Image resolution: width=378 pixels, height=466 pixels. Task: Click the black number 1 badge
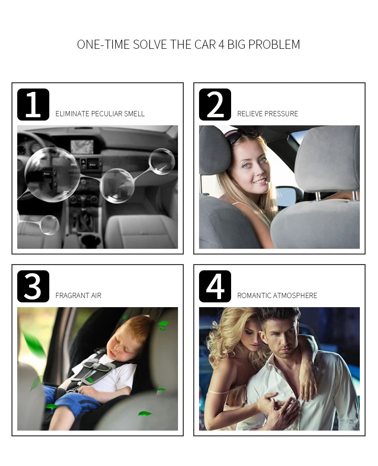point(33,104)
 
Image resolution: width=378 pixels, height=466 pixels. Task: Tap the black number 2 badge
point(215,104)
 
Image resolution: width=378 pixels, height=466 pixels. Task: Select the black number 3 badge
point(33,286)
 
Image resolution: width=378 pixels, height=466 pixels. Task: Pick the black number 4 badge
point(215,286)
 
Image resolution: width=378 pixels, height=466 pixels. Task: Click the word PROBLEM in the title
point(274,44)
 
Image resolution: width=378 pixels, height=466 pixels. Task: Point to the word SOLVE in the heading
point(149,44)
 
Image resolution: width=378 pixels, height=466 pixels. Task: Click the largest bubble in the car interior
point(52,175)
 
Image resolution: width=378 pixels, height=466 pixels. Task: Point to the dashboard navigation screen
point(82,147)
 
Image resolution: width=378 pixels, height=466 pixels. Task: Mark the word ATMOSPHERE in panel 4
point(295,296)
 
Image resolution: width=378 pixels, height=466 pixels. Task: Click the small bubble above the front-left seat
point(49,225)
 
